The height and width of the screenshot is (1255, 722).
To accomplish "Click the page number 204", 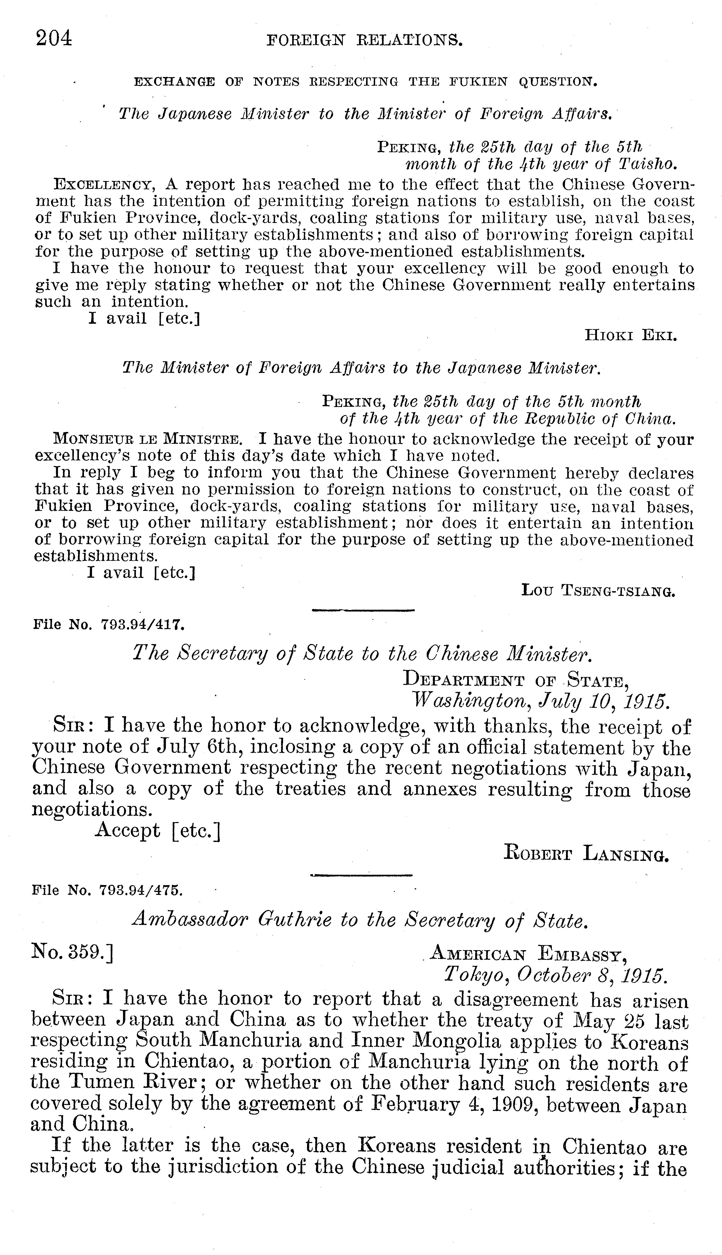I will [x=53, y=38].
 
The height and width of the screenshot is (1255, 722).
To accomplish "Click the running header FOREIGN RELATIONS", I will [x=365, y=40].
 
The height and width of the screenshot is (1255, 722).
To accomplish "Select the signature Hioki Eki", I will [x=631, y=336].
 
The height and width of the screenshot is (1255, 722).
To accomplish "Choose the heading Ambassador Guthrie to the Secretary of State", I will [x=360, y=920].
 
